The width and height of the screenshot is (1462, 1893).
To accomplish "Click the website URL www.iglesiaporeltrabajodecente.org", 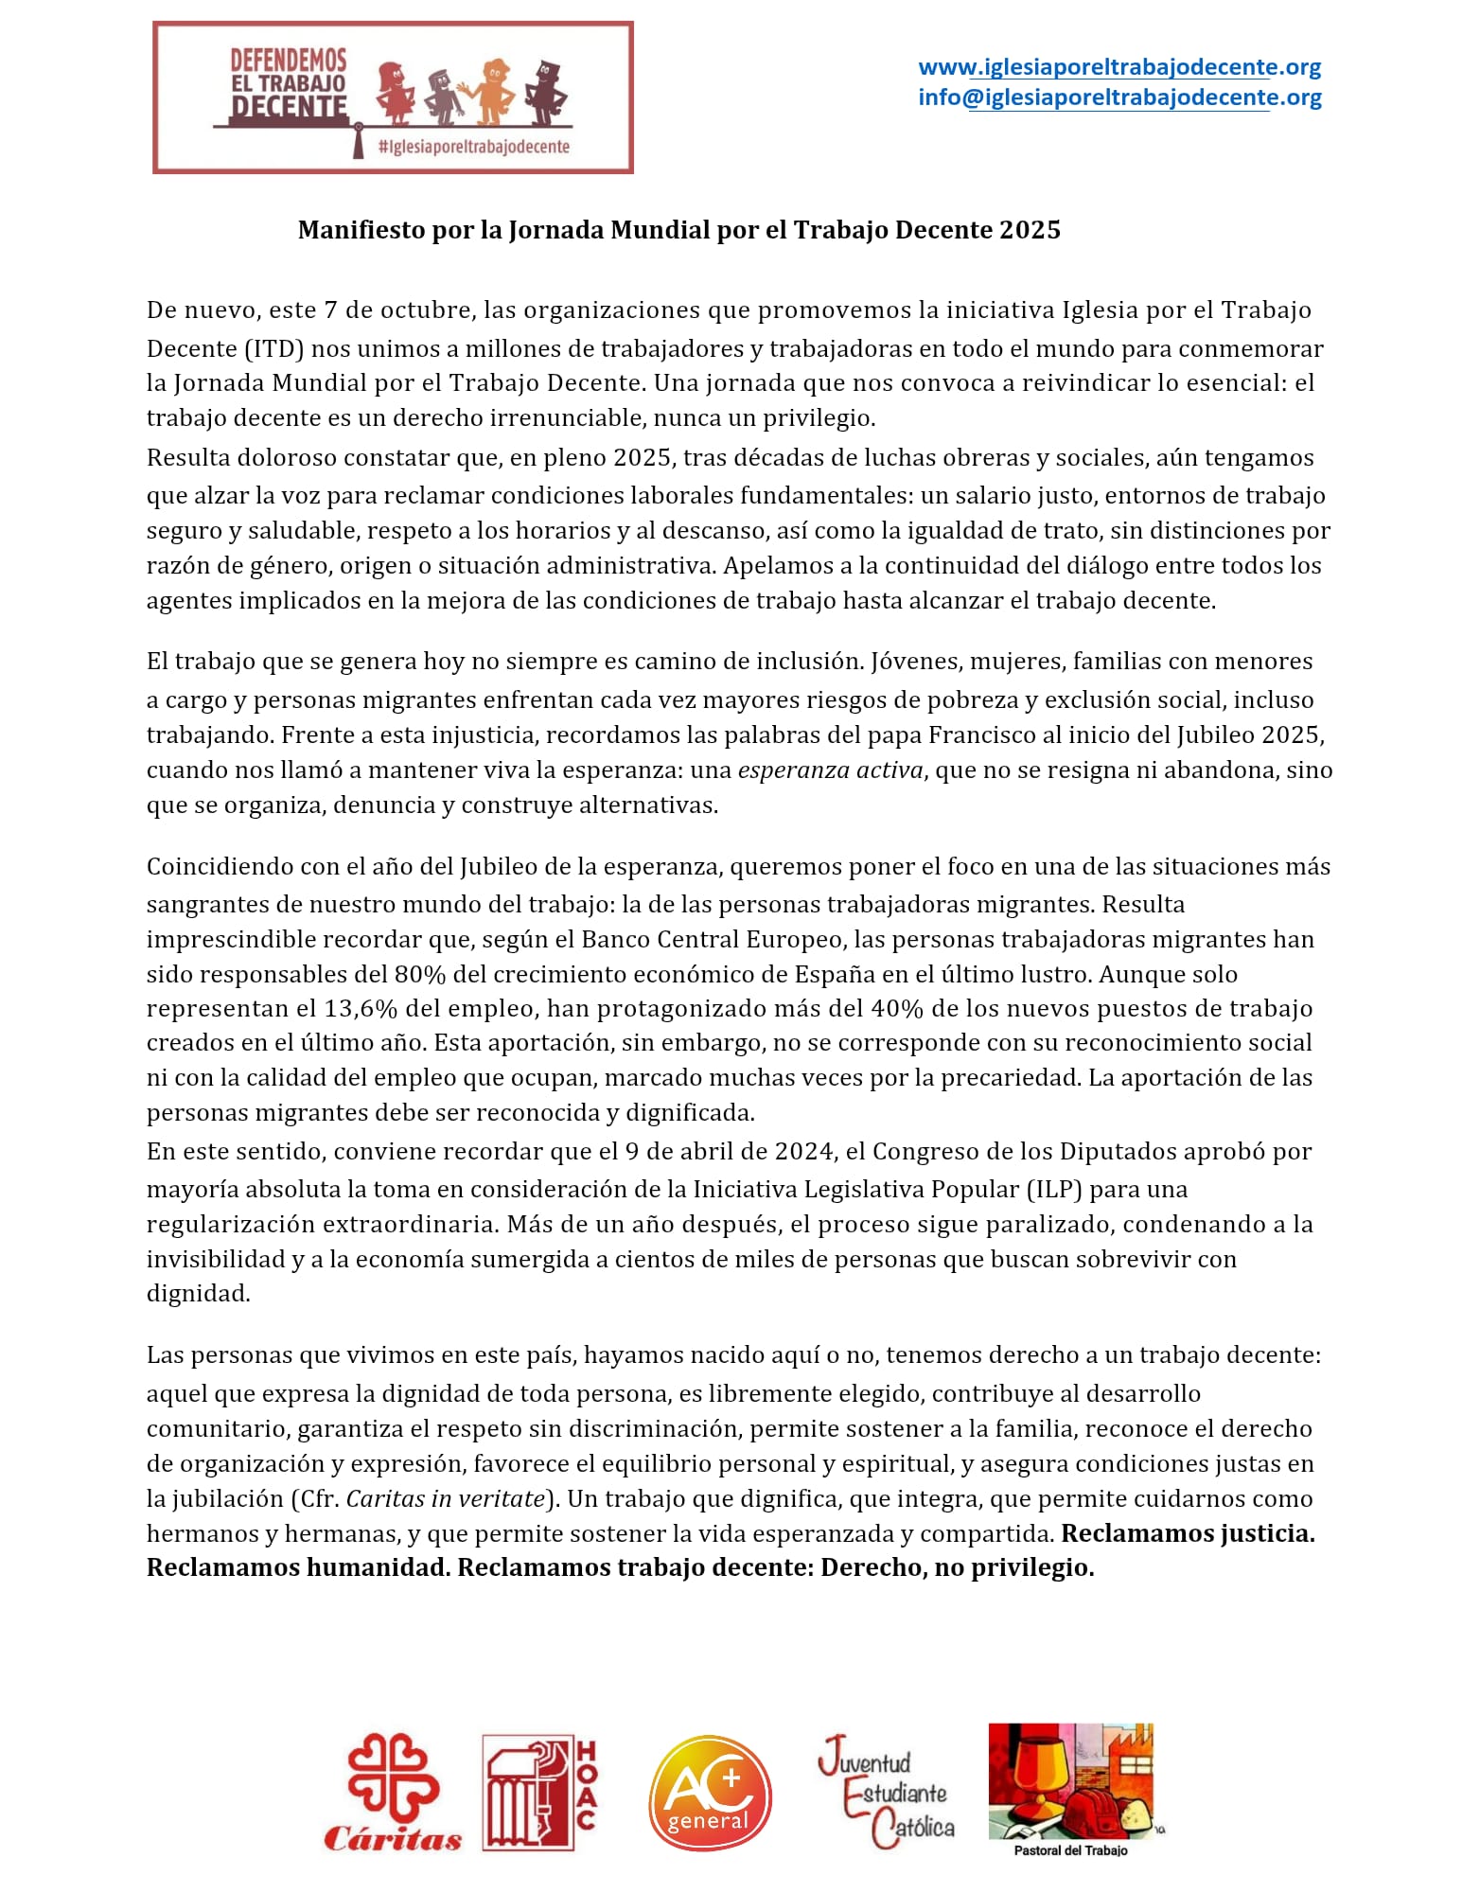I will pos(1119,67).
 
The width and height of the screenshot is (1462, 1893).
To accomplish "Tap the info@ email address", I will pos(1119,97).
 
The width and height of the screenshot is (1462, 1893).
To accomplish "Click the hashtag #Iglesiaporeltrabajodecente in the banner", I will pos(473,147).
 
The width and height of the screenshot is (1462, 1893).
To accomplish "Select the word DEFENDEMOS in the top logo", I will pos(289,61).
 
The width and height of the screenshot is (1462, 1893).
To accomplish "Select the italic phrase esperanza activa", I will pos(830,770).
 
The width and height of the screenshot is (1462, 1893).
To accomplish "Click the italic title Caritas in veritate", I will pos(446,1498).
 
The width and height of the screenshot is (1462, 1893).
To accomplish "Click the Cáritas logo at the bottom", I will pos(393,1791).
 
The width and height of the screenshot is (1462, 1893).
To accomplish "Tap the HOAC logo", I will pos(539,1792).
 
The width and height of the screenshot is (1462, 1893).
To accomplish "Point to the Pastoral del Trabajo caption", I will pos(1070,1849).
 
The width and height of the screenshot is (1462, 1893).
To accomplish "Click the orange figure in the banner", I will pos(490,92).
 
